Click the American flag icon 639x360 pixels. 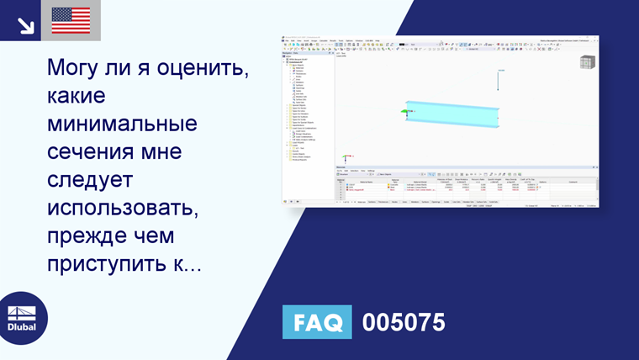click(71, 20)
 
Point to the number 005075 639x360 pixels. click(403, 322)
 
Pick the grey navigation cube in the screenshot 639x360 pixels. click(588, 62)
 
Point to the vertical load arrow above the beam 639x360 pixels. click(499, 80)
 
